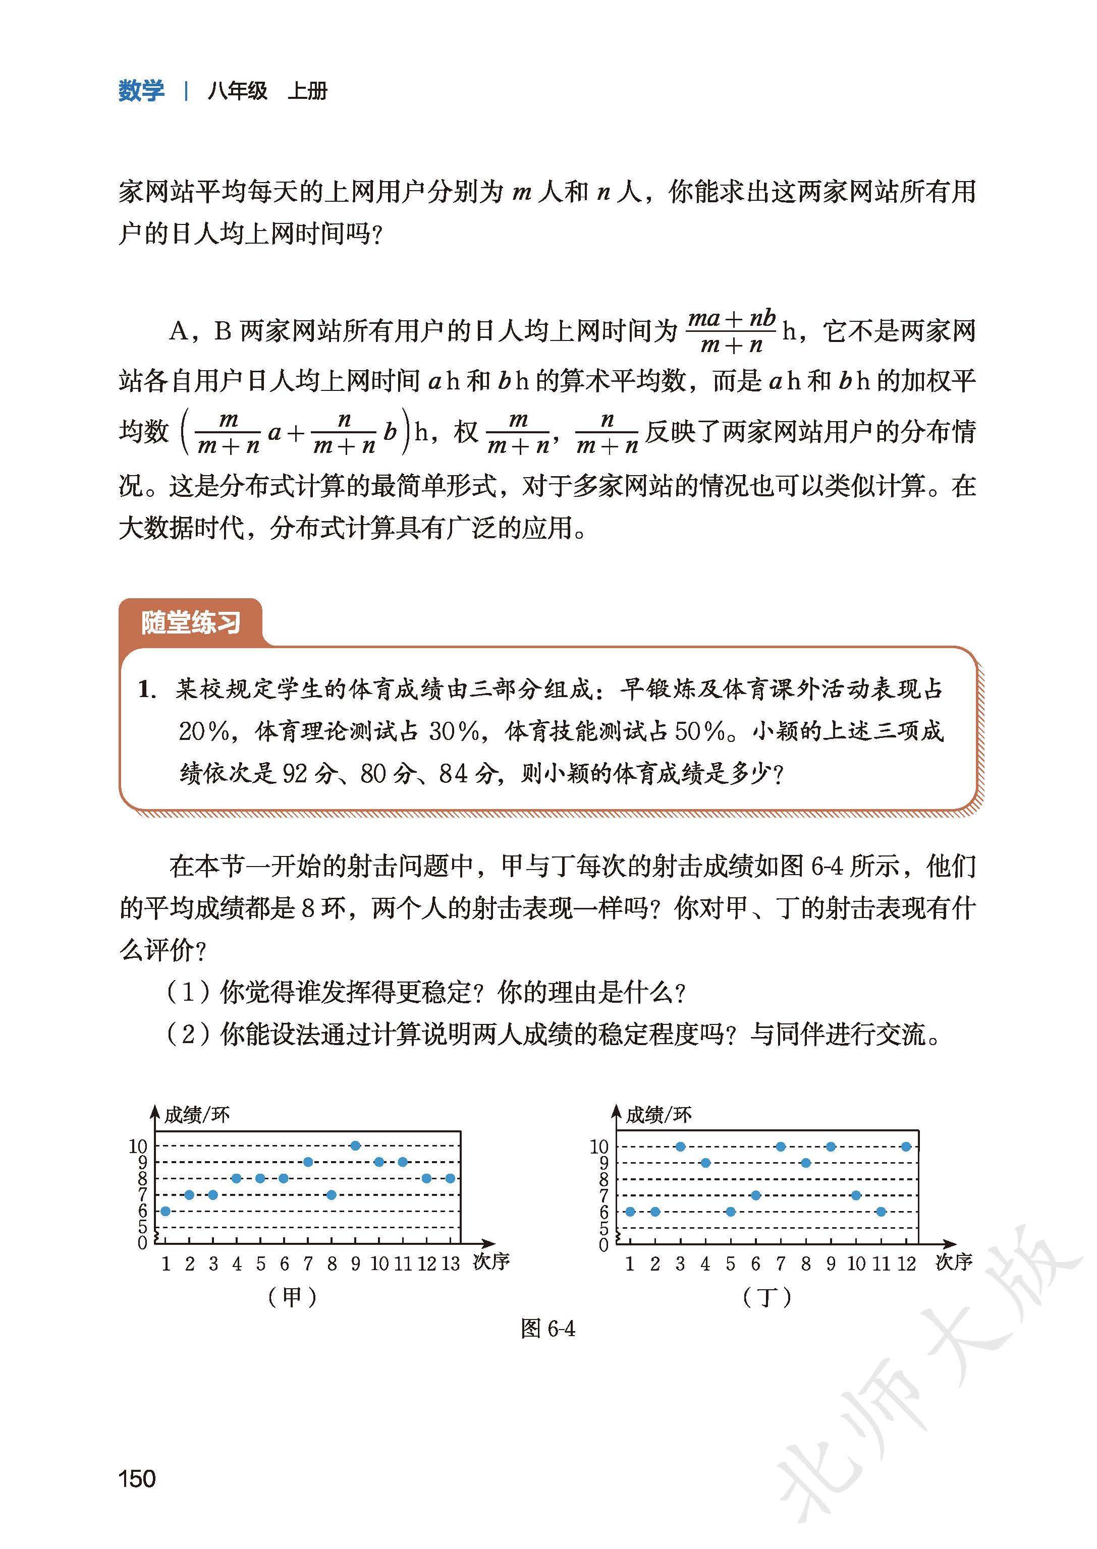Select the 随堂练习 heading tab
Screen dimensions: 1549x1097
tap(191, 622)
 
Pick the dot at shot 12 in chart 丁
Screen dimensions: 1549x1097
tap(906, 1146)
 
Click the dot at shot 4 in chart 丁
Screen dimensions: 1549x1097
tap(705, 1163)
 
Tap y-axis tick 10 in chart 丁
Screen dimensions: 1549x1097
tap(599, 1146)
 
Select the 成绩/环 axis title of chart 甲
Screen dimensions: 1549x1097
tap(197, 1115)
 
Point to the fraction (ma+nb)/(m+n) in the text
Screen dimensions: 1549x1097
tap(732, 331)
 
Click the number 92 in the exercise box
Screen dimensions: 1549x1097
tap(295, 773)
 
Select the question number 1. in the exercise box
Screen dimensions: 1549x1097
tap(147, 690)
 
